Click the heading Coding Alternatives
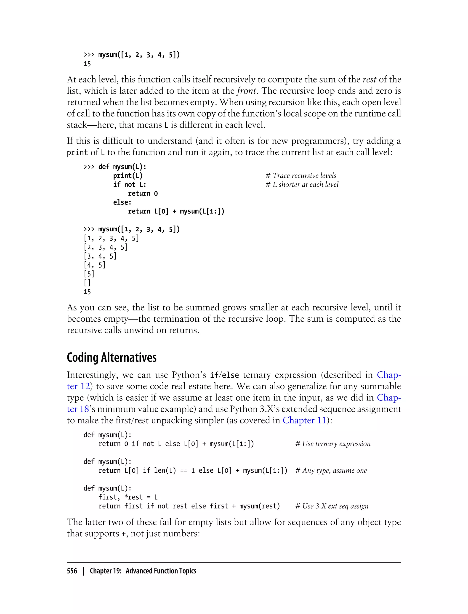tap(112, 357)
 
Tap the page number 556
tap(72, 571)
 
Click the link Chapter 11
tap(304, 420)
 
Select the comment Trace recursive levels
tap(301, 176)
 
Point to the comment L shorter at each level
tap(302, 185)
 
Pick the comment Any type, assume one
tap(331, 471)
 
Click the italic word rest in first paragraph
tap(369, 79)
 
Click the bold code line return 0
tap(143, 193)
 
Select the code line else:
tap(122, 202)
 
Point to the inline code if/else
tap(224, 375)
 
